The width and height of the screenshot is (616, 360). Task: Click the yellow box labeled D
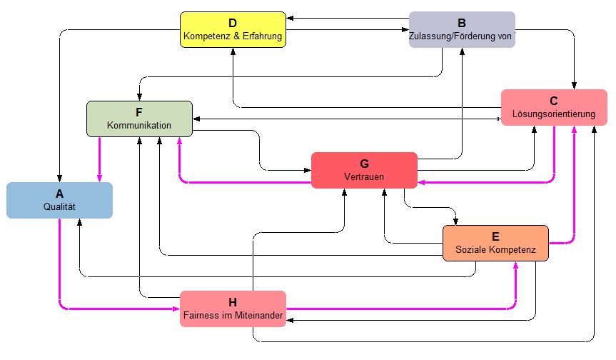(x=233, y=29)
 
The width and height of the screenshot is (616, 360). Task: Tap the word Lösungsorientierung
(x=554, y=114)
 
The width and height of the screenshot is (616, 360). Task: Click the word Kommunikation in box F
(x=139, y=125)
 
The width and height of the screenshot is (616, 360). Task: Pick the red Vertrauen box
(x=364, y=170)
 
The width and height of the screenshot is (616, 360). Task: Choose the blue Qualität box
(x=59, y=200)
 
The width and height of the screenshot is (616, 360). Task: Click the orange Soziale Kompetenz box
(x=495, y=243)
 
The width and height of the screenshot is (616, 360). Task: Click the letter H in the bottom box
(x=233, y=302)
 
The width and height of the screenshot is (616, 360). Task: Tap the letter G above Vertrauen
(x=364, y=163)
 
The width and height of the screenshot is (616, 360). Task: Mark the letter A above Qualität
(x=59, y=193)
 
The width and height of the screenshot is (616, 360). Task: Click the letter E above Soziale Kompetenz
(x=495, y=236)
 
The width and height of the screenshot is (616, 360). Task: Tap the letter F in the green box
(x=139, y=112)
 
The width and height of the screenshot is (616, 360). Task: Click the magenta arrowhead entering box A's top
(x=99, y=179)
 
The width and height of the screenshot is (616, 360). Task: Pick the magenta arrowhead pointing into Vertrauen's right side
(x=421, y=183)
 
